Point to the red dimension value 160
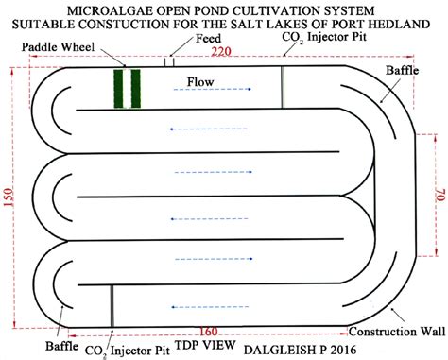click(x=210, y=332)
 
